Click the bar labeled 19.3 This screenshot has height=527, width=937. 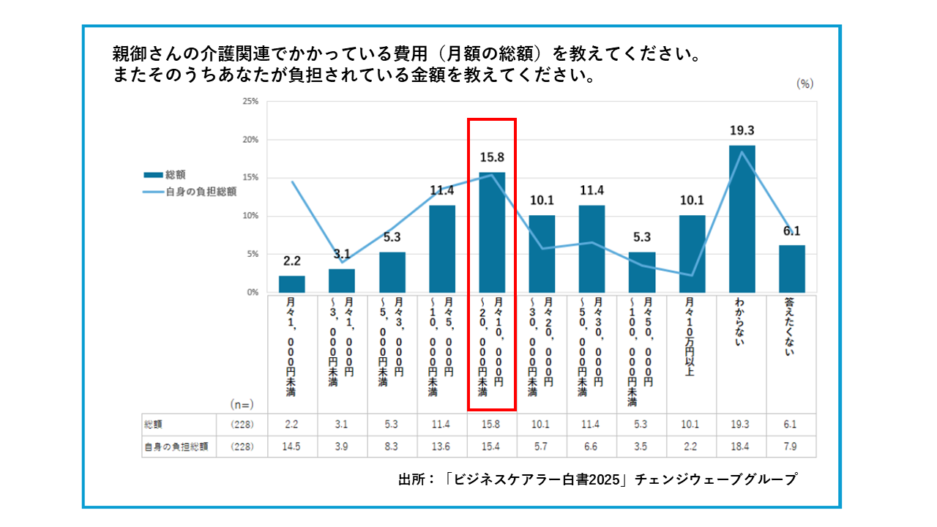tap(742, 219)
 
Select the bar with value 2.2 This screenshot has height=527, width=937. tap(292, 284)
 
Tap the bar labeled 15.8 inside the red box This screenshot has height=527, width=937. tap(492, 232)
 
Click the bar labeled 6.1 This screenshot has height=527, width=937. tap(792, 269)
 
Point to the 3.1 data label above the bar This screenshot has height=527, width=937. tap(342, 254)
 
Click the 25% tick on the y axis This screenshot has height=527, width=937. tap(250, 101)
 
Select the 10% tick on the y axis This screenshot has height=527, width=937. tap(250, 216)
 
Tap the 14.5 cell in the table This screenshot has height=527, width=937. tap(292, 447)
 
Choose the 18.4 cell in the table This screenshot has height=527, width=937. tap(742, 447)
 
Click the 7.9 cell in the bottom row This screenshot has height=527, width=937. tap(791, 447)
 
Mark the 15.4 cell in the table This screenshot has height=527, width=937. tap(492, 447)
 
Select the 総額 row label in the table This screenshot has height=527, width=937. tap(153, 425)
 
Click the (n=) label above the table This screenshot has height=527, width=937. tap(241, 403)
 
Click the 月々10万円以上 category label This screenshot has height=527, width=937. tap(692, 336)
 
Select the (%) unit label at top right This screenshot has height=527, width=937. tap(805, 83)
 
